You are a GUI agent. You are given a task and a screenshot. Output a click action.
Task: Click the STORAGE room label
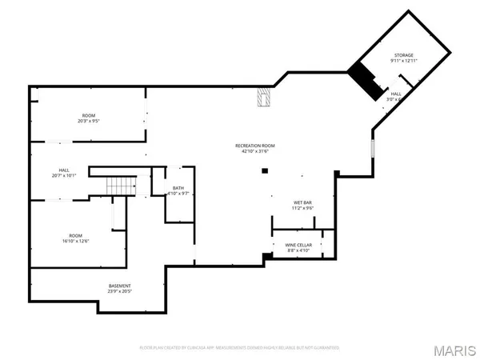click(402, 55)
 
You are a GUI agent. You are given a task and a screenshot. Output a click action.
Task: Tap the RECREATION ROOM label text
click(255, 146)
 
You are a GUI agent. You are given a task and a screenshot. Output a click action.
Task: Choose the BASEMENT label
click(120, 286)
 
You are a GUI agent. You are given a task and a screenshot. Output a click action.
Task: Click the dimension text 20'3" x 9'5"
click(88, 122)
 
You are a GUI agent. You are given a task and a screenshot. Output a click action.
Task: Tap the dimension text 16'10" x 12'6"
click(75, 241)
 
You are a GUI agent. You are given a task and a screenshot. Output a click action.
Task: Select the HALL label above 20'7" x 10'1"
click(63, 170)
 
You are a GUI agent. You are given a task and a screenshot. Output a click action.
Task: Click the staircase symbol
click(118, 186)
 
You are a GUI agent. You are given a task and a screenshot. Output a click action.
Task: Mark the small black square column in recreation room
click(264, 170)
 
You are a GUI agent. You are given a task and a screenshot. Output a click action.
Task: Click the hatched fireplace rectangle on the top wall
click(263, 98)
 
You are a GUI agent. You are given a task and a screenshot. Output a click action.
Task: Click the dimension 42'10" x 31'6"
click(255, 151)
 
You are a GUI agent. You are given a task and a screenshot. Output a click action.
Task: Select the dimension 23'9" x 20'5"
click(120, 292)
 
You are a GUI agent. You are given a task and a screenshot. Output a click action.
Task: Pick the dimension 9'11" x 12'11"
click(402, 61)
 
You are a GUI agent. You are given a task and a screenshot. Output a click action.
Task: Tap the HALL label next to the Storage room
click(396, 94)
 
